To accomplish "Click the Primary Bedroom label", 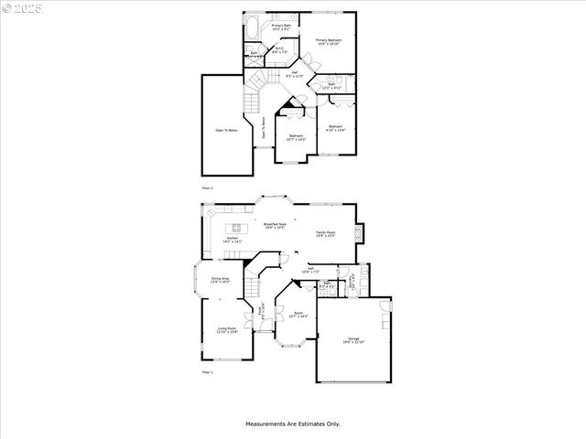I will point(329,42).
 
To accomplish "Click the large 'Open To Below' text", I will point(226,131).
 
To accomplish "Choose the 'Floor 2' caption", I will point(207,187).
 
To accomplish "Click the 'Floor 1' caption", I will point(207,373).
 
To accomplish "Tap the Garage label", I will point(353,340).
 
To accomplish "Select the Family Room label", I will point(326,234).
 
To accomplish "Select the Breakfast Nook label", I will point(275,225).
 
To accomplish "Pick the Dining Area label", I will point(220,280).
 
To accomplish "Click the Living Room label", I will point(227,330).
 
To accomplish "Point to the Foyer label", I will point(261,310).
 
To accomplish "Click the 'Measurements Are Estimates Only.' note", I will point(292,423).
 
